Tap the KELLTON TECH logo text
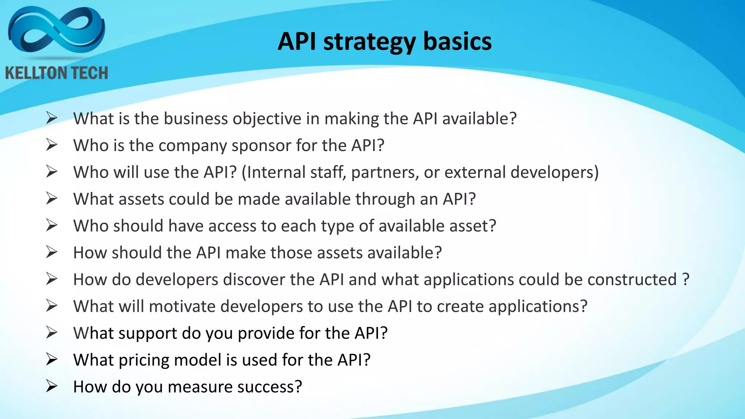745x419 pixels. pyautogui.click(x=56, y=73)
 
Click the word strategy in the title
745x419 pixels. pyautogui.click(x=369, y=42)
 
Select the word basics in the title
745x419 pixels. pyautogui.click(x=457, y=41)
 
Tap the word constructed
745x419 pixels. pyautogui.click(x=632, y=280)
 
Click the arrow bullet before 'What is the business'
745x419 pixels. pyautogui.click(x=51, y=118)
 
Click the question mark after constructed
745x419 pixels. pyautogui.click(x=686, y=279)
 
